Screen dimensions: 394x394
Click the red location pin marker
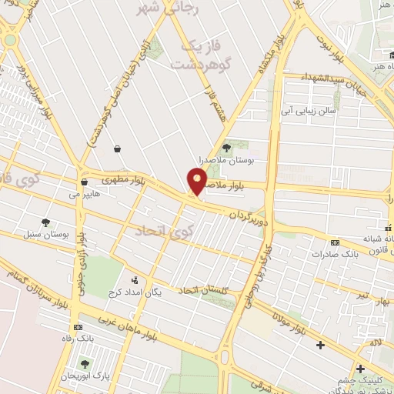pyautogui.click(x=197, y=182)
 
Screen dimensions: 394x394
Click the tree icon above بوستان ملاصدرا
pyautogui.click(x=226, y=147)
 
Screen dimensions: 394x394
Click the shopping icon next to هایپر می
pyautogui.click(x=84, y=182)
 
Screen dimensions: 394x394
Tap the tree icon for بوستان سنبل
pyautogui.click(x=48, y=222)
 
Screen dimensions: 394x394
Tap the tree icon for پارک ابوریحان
pyautogui.click(x=84, y=363)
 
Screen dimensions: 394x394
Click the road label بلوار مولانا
pyautogui.click(x=289, y=324)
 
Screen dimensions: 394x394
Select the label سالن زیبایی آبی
pyautogui.click(x=308, y=111)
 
